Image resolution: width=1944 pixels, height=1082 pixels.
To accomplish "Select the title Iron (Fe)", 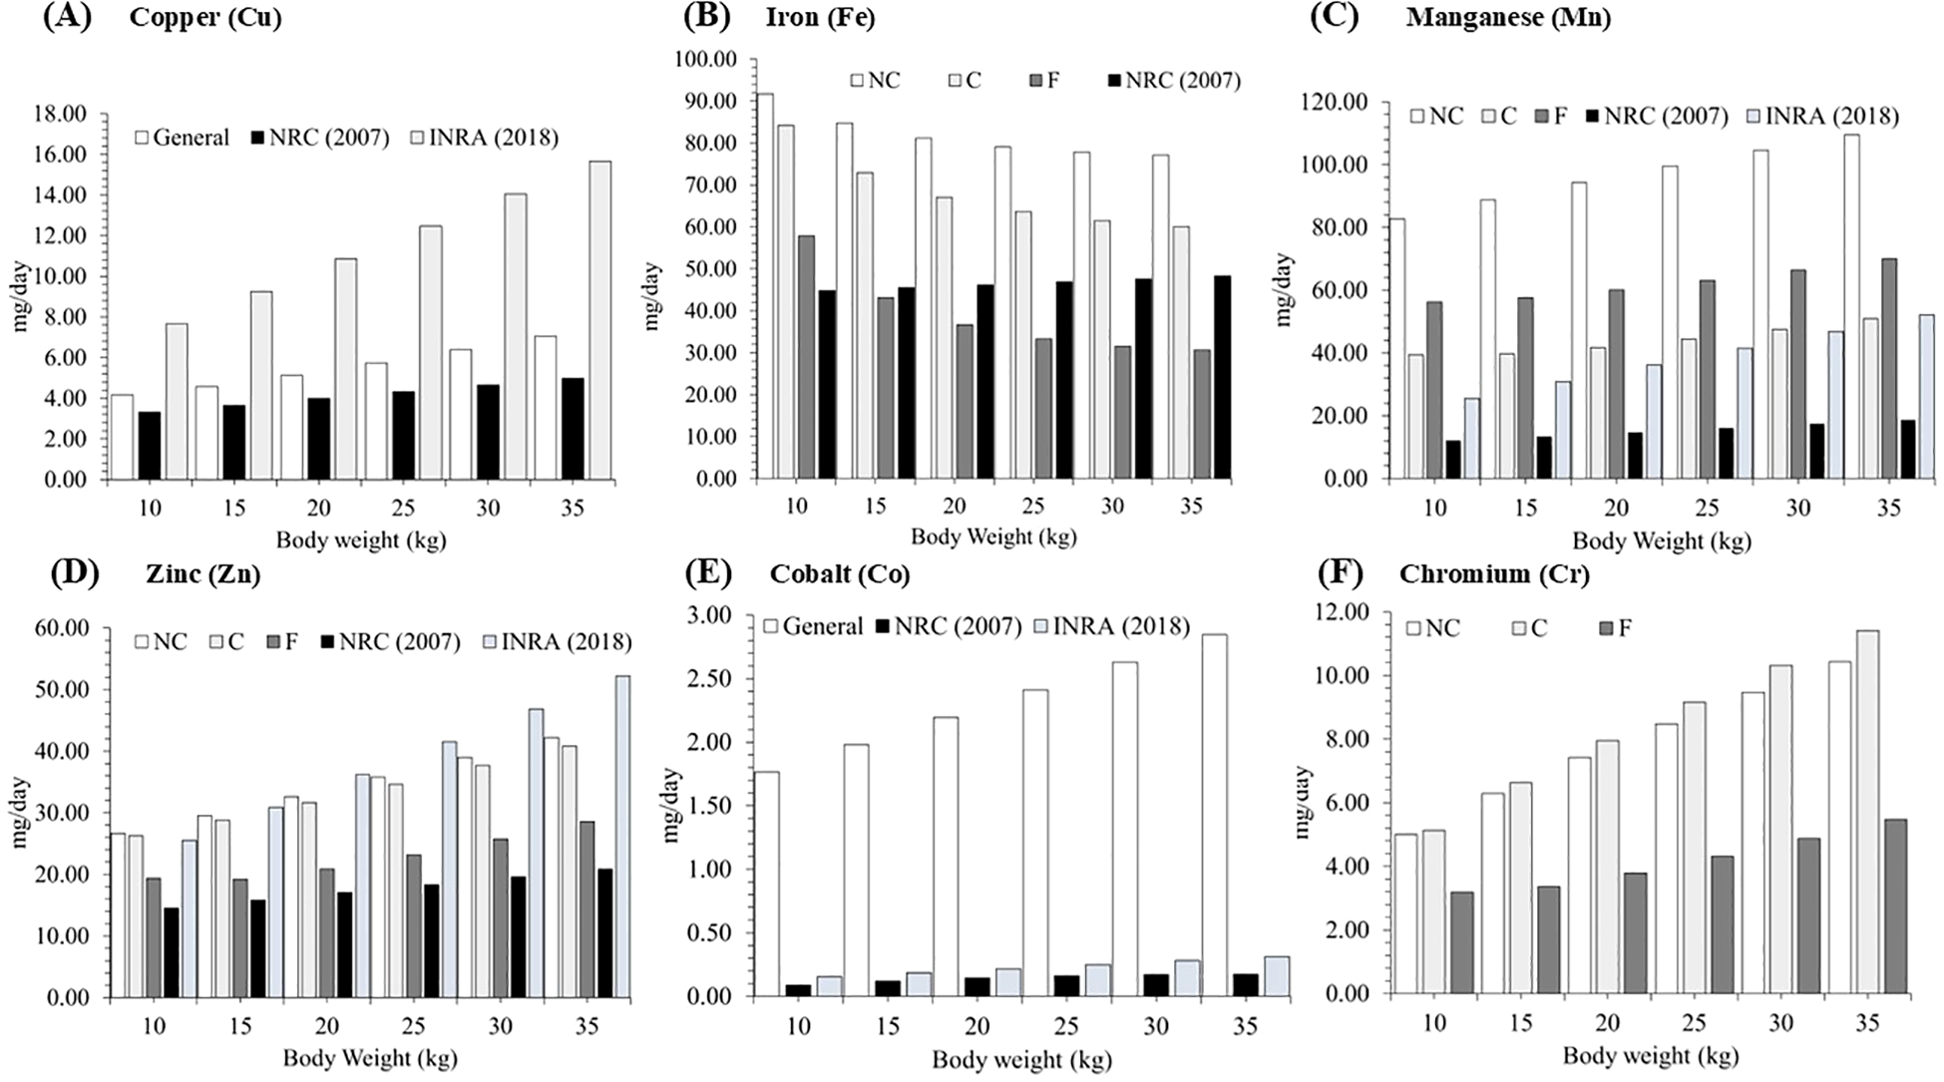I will pos(820,18).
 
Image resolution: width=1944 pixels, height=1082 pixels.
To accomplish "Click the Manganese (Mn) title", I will pos(1508,18).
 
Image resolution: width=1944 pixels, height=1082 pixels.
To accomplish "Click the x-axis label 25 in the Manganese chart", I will pos(1707,509).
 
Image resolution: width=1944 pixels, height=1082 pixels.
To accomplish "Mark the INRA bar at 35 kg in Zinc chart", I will pos(622,837).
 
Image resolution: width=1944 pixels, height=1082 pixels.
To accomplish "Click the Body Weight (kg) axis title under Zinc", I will pos(370,1057).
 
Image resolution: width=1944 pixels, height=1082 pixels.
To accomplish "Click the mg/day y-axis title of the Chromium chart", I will pos(1303,803).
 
